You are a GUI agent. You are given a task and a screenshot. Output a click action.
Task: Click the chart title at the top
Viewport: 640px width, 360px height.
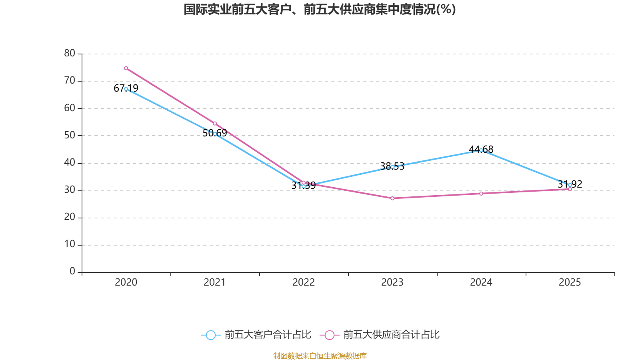[x=319, y=9]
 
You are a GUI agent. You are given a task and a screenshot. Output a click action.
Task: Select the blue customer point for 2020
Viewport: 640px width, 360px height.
[x=126, y=89]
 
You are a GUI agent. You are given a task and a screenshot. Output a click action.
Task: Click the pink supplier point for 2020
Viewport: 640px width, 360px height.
[x=126, y=68]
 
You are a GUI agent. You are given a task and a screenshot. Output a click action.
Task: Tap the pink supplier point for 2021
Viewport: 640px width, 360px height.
[x=215, y=124]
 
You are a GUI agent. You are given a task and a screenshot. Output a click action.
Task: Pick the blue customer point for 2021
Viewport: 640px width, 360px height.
[x=215, y=134]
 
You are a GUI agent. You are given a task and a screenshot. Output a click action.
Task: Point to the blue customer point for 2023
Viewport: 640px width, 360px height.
[x=392, y=167]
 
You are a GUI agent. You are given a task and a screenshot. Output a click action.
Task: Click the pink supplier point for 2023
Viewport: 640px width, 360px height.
[x=392, y=198]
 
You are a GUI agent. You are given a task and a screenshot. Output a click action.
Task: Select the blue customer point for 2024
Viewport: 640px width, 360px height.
[x=481, y=150]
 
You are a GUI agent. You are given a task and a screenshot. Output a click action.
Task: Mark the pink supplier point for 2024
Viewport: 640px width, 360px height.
[x=481, y=194]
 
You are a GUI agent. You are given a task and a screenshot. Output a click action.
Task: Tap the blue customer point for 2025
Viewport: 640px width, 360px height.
[x=570, y=185]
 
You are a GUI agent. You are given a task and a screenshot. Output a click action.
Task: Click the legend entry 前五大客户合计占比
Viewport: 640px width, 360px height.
[x=256, y=335]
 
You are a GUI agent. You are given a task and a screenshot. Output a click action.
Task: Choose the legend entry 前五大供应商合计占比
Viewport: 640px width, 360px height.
[x=380, y=335]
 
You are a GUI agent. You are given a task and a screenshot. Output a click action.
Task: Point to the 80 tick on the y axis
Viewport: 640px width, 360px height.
[x=70, y=53]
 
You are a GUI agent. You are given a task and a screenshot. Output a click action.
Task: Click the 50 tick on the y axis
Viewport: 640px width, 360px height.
[x=70, y=135]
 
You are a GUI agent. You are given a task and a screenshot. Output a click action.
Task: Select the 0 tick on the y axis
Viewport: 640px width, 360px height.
[x=72, y=272]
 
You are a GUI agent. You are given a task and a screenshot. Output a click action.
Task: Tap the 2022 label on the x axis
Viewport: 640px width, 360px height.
[x=304, y=282]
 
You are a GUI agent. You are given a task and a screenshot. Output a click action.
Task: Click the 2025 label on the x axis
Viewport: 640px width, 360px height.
[x=570, y=282]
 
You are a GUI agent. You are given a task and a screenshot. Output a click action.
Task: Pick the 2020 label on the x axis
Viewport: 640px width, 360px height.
[x=126, y=282]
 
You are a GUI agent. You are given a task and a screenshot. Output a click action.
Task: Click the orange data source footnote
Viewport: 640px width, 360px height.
[x=320, y=356]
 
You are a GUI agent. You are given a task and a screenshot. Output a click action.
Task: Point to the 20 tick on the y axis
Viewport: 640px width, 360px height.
[x=70, y=217]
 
